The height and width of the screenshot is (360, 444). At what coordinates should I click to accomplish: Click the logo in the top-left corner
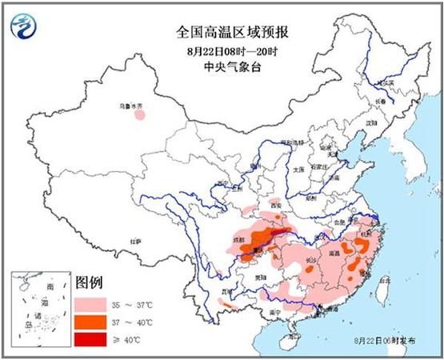pyautogui.click(x=25, y=27)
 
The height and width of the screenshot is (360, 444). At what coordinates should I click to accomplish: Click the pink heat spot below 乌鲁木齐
pyautogui.click(x=140, y=114)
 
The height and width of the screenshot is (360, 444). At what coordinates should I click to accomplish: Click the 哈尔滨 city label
pyautogui.click(x=387, y=83)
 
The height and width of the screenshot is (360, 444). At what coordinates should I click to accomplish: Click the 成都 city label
pyautogui.click(x=238, y=238)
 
